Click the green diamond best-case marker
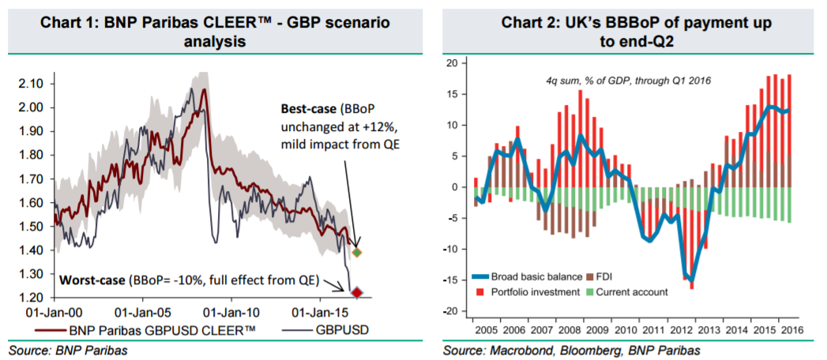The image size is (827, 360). point(357,253)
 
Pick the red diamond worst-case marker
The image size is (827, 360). point(356,294)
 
